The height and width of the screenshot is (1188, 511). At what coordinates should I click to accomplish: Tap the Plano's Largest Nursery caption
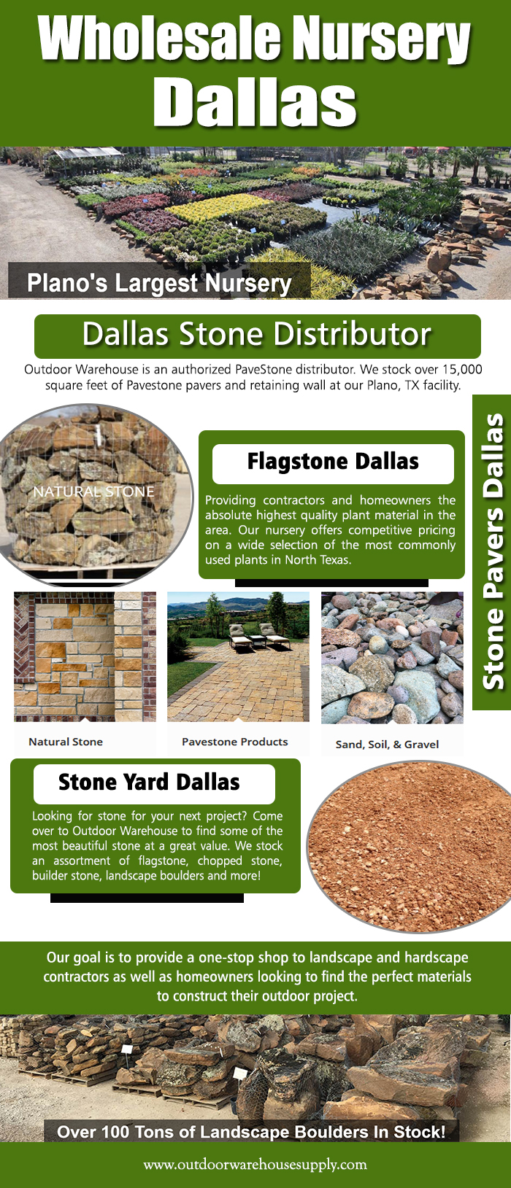pos(159,283)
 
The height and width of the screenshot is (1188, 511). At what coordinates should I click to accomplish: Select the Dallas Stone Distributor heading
pos(257,334)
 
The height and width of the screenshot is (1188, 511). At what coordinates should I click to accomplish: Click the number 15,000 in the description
pos(463,369)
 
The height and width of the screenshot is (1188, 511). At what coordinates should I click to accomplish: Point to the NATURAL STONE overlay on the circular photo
pos(94,492)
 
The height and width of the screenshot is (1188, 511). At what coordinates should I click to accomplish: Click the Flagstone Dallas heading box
pos(333,464)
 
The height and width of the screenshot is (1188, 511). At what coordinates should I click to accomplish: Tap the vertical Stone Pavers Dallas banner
pos(491,551)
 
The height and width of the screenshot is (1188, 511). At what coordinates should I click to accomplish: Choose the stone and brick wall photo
pos(85,656)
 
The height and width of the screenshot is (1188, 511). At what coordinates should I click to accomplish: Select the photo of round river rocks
pos(392,658)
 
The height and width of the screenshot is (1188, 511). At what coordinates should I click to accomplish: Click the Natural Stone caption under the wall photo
pos(66,742)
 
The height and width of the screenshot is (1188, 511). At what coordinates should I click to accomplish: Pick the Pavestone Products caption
pos(235,742)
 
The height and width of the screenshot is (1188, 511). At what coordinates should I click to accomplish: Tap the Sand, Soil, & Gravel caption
pos(388,744)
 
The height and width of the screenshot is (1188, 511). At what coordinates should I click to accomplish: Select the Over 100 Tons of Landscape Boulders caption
pos(251,1132)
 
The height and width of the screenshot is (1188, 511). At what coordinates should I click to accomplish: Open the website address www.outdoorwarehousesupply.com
pos(255,1165)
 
